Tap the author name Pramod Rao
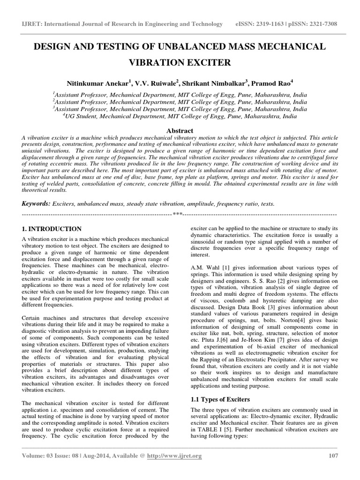pyautogui.click(x=272, y=84)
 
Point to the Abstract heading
pyautogui.click(x=180, y=130)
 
